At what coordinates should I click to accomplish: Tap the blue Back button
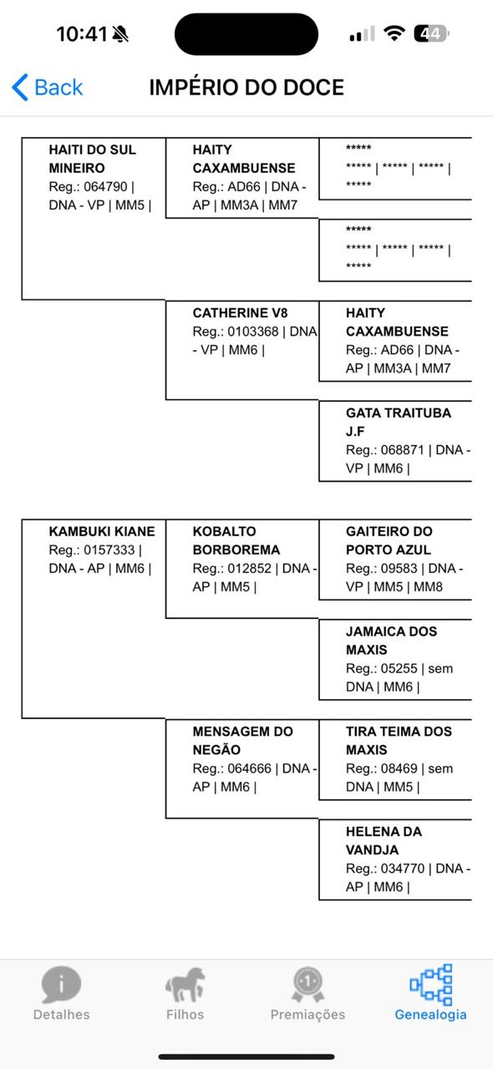coord(48,88)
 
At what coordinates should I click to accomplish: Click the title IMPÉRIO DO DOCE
coord(246,88)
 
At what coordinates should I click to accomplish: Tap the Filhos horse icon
coord(185,985)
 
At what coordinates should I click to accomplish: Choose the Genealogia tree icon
coord(431,985)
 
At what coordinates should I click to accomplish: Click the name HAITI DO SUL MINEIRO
coord(92,159)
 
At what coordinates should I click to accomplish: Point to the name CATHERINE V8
coord(240,313)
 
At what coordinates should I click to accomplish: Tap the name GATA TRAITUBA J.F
coord(399,423)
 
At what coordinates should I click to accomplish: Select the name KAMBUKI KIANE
coord(102,532)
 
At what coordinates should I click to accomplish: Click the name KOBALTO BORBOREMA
coord(236,540)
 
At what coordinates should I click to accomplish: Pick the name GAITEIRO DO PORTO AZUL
coord(389,540)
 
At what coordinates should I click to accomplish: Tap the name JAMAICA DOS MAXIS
coord(391,641)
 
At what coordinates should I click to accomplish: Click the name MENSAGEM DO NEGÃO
coord(242,741)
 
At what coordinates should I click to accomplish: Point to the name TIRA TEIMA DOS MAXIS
coord(399,741)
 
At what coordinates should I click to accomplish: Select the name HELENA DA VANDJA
coord(384,841)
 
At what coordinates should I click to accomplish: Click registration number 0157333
coord(109,550)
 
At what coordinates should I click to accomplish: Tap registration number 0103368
coord(252,332)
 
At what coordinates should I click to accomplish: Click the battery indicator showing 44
coord(431,34)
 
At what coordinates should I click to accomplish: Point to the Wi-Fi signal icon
coord(394,33)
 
